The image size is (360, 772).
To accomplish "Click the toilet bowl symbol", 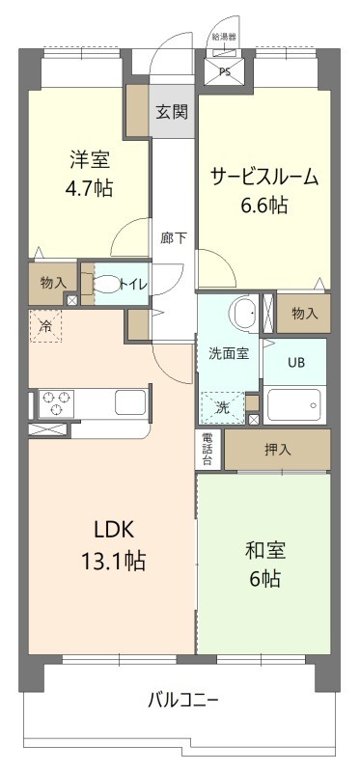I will click(x=101, y=284).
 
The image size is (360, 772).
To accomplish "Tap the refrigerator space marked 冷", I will click(x=44, y=326).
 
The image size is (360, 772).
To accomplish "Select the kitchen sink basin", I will click(x=128, y=400).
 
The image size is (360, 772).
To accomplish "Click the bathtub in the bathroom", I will click(x=295, y=404).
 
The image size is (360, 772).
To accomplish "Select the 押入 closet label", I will click(x=277, y=450).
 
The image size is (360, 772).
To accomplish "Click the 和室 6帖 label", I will click(x=263, y=565).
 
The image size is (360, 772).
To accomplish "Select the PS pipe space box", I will click(x=224, y=70).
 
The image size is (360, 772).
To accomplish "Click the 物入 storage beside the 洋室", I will click(x=53, y=283).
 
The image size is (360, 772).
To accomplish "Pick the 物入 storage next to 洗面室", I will click(x=304, y=313).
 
